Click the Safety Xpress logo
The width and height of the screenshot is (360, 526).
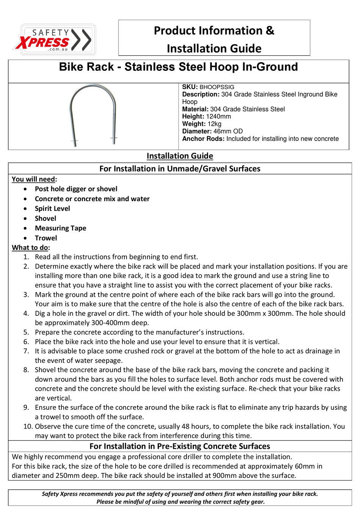click(x=55, y=40)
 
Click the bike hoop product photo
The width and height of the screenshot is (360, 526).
click(x=93, y=116)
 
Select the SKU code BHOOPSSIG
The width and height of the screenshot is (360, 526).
click(x=217, y=87)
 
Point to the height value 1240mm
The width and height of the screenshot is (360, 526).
click(x=219, y=117)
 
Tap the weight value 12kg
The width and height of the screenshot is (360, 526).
click(x=214, y=124)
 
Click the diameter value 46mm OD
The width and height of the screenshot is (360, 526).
click(x=228, y=131)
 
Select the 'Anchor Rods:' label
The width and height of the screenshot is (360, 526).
click(x=203, y=139)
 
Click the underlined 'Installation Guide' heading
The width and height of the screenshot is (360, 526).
click(x=180, y=156)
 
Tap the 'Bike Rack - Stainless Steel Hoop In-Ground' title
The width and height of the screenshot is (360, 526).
click(x=178, y=67)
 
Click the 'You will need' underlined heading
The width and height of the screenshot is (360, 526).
click(x=33, y=179)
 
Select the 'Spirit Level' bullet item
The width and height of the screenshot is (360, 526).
click(x=52, y=209)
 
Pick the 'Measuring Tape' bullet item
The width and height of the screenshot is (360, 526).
click(x=61, y=228)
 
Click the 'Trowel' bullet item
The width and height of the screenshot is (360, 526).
click(x=46, y=238)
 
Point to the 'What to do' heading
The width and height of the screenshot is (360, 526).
click(x=30, y=248)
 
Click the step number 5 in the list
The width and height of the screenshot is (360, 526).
click(x=26, y=332)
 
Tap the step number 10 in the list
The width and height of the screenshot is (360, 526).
click(x=28, y=426)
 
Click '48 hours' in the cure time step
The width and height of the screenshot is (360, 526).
click(x=196, y=426)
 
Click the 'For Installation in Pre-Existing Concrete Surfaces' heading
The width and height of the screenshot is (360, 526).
click(x=180, y=446)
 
